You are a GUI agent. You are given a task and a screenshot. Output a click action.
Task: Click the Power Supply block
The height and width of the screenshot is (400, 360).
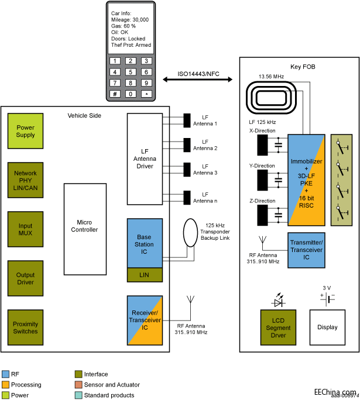pos(26,131)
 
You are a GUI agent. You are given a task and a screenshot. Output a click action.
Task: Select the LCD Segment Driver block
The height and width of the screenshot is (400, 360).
pos(279,327)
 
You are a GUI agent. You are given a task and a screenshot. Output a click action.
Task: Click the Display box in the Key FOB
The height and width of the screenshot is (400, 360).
pos(327,327)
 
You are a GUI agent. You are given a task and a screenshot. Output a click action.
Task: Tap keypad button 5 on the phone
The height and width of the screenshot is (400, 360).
pos(131,72)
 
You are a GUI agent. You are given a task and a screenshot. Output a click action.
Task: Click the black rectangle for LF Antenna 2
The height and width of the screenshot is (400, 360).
pos(187,144)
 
